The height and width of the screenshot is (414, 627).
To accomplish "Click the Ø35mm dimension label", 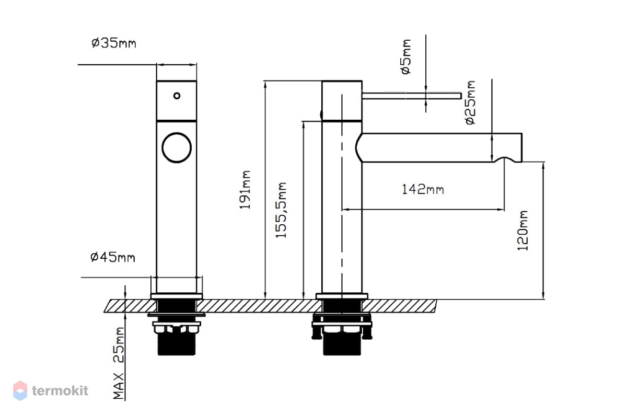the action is pyautogui.click(x=114, y=43).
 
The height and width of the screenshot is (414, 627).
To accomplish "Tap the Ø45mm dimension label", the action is pyautogui.click(x=113, y=257).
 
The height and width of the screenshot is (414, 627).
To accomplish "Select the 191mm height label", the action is pyautogui.click(x=245, y=190).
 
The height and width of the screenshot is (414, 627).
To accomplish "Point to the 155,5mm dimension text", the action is pyautogui.click(x=281, y=210).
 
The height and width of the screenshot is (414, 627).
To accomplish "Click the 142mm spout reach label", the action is pyautogui.click(x=423, y=189).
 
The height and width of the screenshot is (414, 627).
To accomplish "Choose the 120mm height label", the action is pyautogui.click(x=522, y=231).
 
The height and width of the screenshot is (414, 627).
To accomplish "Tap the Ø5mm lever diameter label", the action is pyautogui.click(x=406, y=57).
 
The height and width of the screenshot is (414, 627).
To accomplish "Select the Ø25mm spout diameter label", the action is pyautogui.click(x=470, y=102).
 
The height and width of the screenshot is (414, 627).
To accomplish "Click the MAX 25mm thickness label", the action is pyautogui.click(x=119, y=363).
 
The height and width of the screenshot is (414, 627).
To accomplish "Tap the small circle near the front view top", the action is pyautogui.click(x=177, y=96).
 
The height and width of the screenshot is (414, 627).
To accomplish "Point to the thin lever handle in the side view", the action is pyautogui.click(x=412, y=96).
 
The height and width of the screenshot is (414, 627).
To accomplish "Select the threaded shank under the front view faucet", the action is pyautogui.click(x=177, y=344).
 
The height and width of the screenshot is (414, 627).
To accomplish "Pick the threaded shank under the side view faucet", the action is pyautogui.click(x=342, y=344).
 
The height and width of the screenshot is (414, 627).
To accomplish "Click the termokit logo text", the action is pyautogui.click(x=60, y=390).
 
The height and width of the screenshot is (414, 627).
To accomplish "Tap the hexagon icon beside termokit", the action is pyautogui.click(x=20, y=390).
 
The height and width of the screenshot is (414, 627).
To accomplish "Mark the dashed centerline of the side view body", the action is pyautogui.click(x=342, y=196).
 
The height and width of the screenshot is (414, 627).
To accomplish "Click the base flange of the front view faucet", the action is pyautogui.click(x=177, y=296).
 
